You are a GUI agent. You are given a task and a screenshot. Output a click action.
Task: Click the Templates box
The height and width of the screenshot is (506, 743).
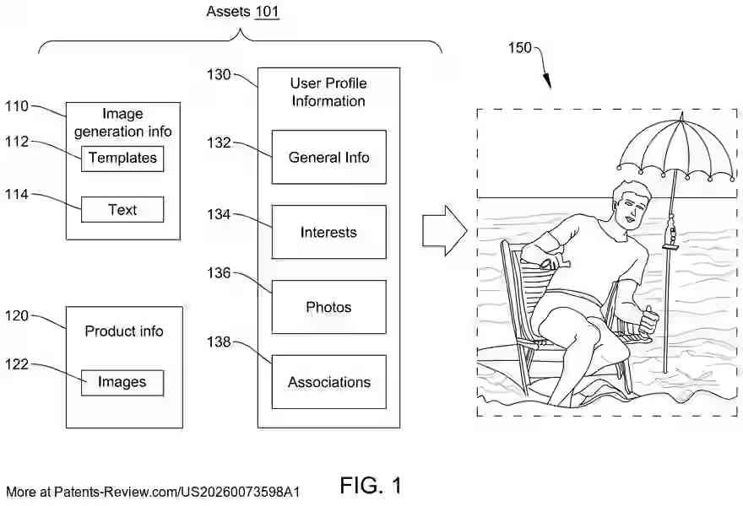tap(122, 158)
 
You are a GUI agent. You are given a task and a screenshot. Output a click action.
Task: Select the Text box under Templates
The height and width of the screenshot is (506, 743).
tap(122, 209)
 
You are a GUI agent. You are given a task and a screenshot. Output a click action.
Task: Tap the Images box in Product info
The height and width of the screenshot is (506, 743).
tap(122, 382)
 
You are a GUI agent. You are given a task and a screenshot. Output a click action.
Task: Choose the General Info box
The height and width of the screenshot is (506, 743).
tap(328, 157)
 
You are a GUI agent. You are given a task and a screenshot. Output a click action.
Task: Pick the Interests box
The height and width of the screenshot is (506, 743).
tap(328, 232)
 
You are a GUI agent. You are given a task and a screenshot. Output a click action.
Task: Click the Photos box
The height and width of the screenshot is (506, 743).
tap(328, 307)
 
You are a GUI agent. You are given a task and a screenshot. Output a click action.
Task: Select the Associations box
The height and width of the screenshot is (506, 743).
tap(328, 382)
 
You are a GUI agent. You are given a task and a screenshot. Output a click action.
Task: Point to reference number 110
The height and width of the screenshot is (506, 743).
tap(17, 106)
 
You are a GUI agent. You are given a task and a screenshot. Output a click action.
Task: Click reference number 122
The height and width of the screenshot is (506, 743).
tap(17, 364)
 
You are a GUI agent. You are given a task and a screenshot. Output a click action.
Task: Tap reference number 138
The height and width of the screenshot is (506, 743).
tap(219, 342)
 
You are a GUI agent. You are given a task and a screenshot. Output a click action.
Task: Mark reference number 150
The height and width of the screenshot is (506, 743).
tap(519, 48)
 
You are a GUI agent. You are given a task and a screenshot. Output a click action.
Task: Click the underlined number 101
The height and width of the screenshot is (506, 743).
tap(268, 12)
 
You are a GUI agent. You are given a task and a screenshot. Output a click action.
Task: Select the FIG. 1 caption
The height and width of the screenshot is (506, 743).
tap(371, 485)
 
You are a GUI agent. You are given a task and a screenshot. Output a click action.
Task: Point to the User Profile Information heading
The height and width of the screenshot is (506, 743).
tap(328, 92)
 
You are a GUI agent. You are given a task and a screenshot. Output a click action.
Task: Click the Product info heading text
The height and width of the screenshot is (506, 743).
tap(123, 331)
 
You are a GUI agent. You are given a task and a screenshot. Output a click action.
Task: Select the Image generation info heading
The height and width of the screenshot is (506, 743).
tap(123, 122)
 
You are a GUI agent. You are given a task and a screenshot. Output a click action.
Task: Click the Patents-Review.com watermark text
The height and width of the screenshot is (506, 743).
tap(153, 491)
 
